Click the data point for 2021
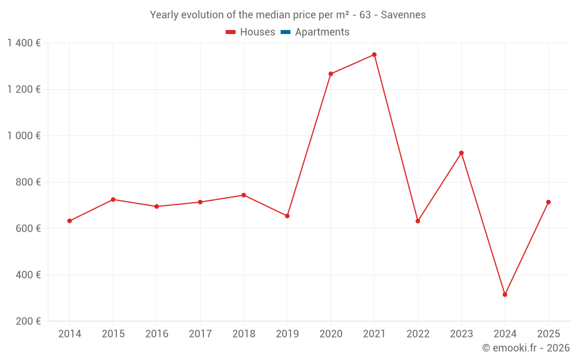click(374, 55)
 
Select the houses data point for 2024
click(505, 295)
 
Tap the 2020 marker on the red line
click(331, 74)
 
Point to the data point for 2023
click(461, 153)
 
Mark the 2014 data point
click(70, 221)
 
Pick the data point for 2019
click(287, 216)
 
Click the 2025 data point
click(548, 202)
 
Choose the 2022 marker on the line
click(418, 221)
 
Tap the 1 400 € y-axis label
click(24, 43)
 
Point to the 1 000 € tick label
click(24, 136)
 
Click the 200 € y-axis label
click(28, 321)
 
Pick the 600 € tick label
click(28, 229)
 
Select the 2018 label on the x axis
click(244, 334)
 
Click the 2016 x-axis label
click(157, 334)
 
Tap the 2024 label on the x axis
click(505, 334)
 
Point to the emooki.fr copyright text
click(525, 348)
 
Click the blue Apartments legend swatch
click(286, 32)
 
